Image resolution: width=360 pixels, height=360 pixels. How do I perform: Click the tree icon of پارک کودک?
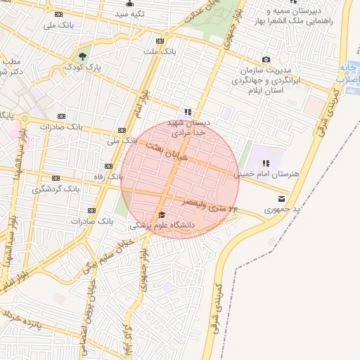[83, 56]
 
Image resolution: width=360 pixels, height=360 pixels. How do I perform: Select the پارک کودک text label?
[84, 67]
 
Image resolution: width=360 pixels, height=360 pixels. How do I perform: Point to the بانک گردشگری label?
[56, 189]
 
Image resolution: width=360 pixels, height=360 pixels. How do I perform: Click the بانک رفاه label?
[99, 176]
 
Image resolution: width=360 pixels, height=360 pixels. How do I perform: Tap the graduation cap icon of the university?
[162, 215]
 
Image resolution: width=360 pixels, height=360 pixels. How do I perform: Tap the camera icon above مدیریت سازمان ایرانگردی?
[265, 60]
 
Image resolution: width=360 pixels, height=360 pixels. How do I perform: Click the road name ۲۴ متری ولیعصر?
[210, 205]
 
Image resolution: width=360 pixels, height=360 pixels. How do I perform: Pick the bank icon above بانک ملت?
[167, 39]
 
